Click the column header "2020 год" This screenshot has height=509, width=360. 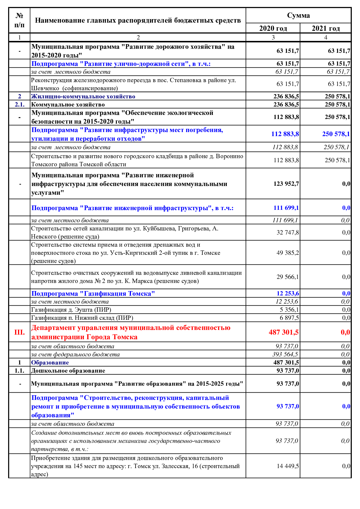click(x=273, y=28)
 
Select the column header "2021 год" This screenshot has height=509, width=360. click(x=325, y=28)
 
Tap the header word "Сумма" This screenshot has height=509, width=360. click(x=298, y=15)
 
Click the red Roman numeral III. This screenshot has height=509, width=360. click(x=19, y=332)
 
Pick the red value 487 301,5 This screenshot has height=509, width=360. click(x=284, y=332)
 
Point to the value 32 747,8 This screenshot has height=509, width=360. click(x=288, y=232)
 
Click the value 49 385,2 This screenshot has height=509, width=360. click(x=288, y=253)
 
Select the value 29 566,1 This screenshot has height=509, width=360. click(x=288, y=277)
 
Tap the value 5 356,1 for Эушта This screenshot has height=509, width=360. click(x=289, y=310)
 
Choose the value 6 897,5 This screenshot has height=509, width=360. click(x=289, y=318)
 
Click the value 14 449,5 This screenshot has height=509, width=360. click(x=288, y=466)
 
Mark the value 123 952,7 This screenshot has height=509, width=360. click(x=286, y=184)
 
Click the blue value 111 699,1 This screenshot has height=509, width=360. click(x=286, y=208)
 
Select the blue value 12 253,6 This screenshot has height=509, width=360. click(x=288, y=293)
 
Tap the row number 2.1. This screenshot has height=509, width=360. click(x=19, y=104)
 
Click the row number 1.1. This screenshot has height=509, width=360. click(x=19, y=371)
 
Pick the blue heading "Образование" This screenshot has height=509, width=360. click(x=50, y=362)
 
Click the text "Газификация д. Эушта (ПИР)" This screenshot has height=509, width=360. click(x=71, y=310)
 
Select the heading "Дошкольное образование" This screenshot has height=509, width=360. click(x=68, y=371)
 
